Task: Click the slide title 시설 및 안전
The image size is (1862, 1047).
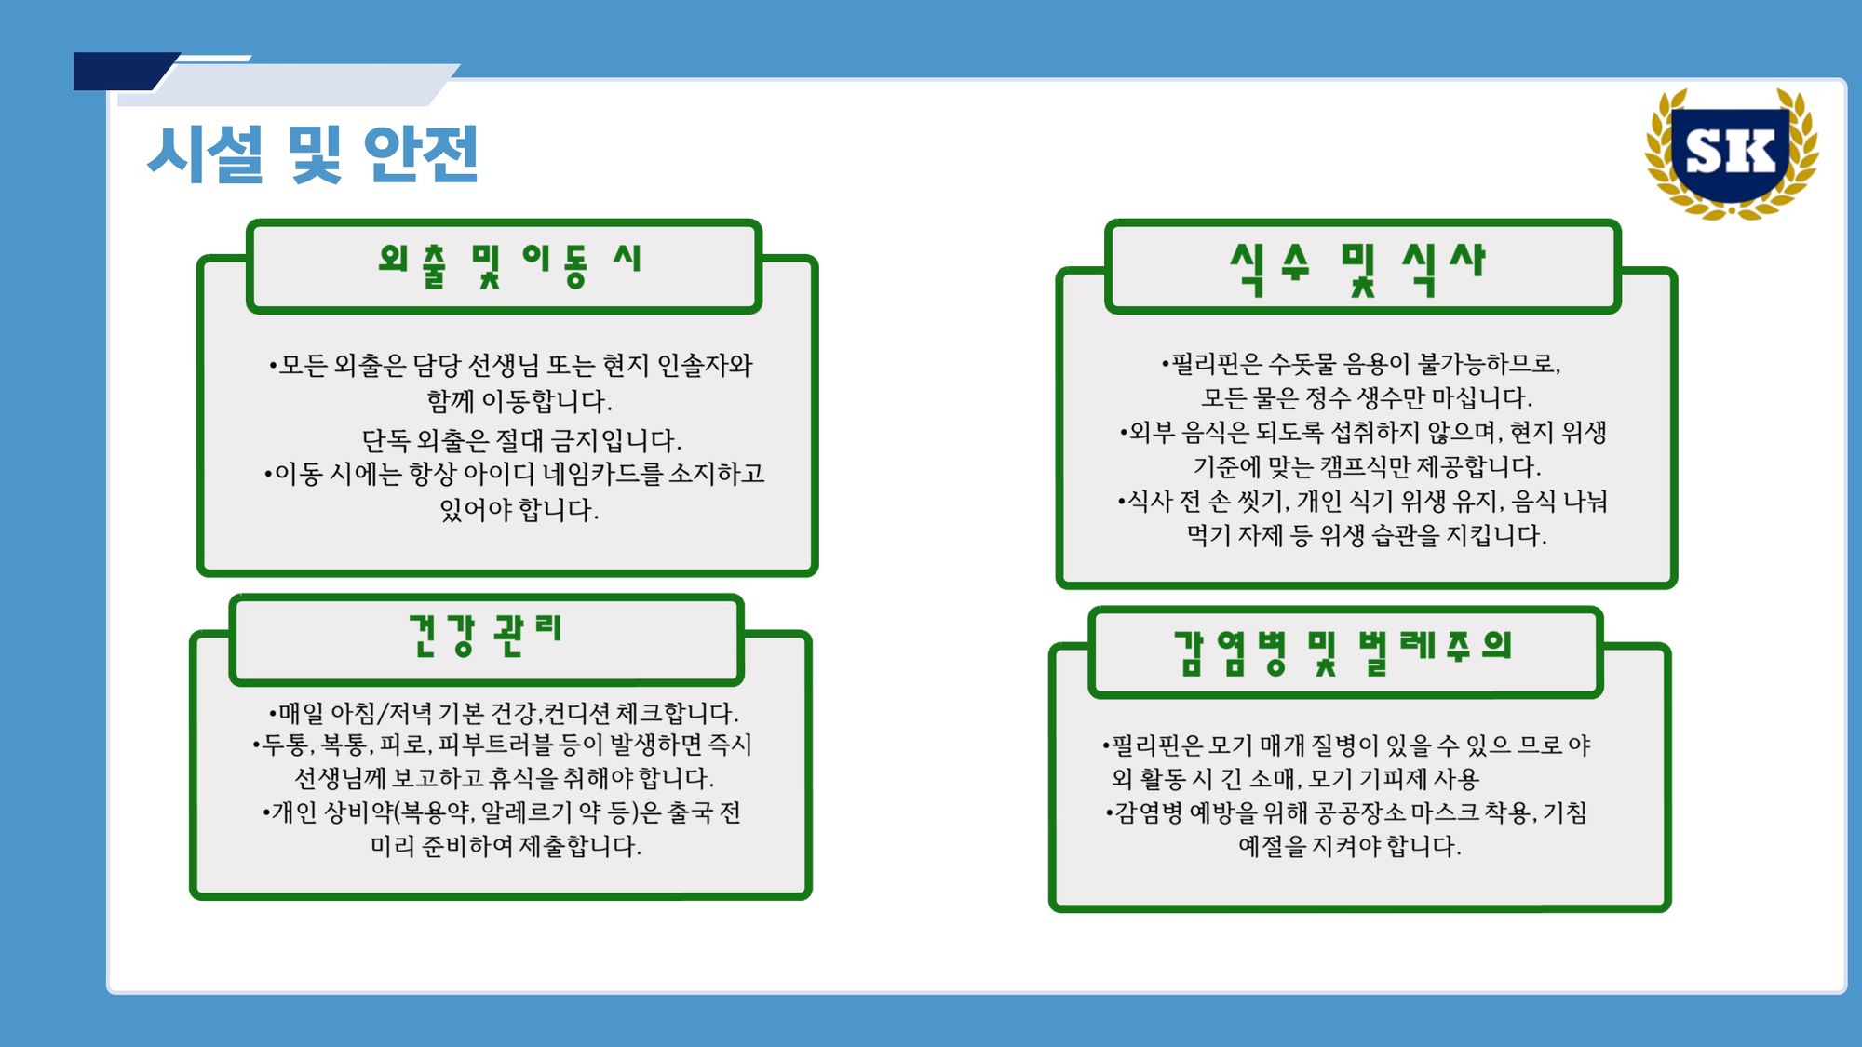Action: click(313, 154)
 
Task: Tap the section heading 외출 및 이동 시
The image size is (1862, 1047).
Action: click(509, 265)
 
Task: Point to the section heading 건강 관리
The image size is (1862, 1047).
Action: click(485, 635)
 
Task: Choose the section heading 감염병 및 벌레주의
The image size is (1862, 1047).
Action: click(1343, 651)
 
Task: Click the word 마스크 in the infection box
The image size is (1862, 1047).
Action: click(1444, 812)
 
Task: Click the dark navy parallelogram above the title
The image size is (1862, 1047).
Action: click(127, 72)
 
